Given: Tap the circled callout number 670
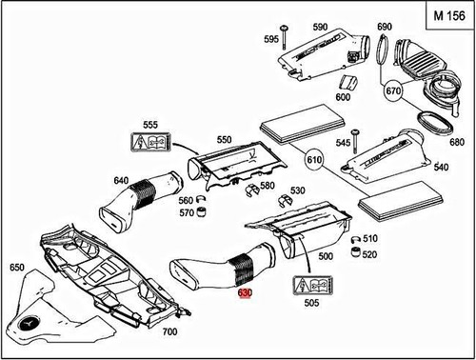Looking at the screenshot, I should (395, 92).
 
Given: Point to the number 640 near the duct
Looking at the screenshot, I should (121, 180).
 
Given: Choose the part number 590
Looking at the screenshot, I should (319, 27).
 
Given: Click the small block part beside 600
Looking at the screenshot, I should (349, 81).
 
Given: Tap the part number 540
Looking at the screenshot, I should (441, 167).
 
